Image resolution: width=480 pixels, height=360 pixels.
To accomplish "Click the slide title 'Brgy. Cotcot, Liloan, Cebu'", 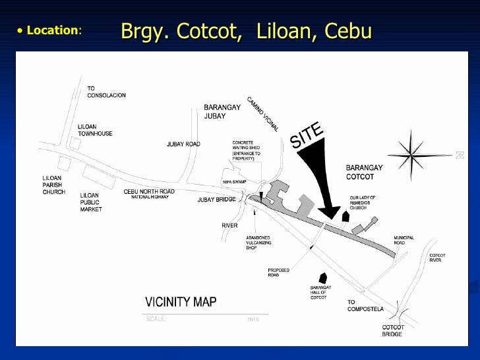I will click(x=247, y=31).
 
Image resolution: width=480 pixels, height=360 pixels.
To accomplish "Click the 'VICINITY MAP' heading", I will click(x=181, y=302).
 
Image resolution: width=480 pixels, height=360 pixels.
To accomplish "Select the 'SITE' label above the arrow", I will click(x=307, y=135).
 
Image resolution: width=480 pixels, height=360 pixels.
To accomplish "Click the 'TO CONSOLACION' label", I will click(x=106, y=92).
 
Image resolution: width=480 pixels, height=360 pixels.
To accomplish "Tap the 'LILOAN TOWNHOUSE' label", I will click(x=95, y=130).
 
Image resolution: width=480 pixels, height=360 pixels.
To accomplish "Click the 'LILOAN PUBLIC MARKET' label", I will click(x=91, y=202).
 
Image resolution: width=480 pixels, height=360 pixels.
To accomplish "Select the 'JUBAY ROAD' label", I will click(x=183, y=144).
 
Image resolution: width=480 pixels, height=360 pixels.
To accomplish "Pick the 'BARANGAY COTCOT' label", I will click(x=364, y=172).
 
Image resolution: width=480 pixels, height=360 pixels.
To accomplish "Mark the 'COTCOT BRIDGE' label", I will click(x=393, y=330).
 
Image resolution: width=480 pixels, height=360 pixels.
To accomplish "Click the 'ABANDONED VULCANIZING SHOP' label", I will click(x=259, y=243).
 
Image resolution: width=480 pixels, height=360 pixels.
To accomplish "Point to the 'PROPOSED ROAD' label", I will click(x=278, y=272).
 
